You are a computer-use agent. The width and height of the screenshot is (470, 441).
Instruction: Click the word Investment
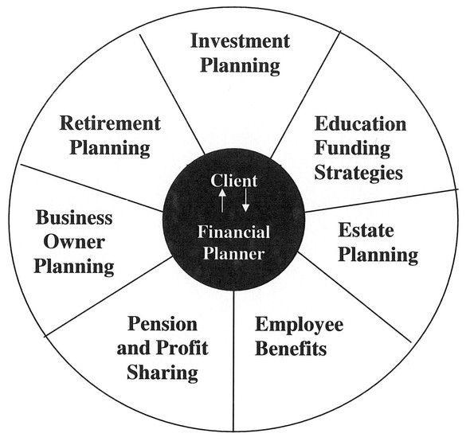[240, 41]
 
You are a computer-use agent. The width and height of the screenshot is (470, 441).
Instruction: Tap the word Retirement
[110, 123]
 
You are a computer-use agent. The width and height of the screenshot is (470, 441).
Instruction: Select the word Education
[360, 123]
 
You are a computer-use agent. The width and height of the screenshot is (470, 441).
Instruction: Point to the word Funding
[352, 149]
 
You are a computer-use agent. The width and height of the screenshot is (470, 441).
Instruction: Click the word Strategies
[358, 174]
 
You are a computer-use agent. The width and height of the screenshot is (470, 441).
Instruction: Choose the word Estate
[366, 230]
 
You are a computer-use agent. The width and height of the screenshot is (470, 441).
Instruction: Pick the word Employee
[300, 325]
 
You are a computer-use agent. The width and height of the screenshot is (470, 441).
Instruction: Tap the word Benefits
[291, 348]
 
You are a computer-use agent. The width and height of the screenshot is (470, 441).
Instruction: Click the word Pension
[163, 324]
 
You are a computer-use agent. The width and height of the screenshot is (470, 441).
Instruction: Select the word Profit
[182, 348]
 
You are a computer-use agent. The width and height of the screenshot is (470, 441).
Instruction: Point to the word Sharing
[163, 373]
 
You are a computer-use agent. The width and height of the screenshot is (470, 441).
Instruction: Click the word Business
[74, 217]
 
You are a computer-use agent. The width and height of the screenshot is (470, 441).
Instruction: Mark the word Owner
[74, 242]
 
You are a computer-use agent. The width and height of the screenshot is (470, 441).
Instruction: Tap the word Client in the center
[233, 181]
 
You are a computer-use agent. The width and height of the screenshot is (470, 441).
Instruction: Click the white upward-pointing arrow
[221, 201]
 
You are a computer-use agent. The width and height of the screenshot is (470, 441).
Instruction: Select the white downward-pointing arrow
[246, 200]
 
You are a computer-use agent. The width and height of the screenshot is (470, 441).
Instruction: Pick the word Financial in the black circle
[233, 232]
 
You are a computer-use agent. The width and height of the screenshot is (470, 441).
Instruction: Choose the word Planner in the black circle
[233, 254]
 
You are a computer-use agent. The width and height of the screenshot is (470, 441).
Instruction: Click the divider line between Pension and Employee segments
[233, 361]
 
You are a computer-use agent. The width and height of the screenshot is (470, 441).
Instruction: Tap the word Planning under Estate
[378, 256]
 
